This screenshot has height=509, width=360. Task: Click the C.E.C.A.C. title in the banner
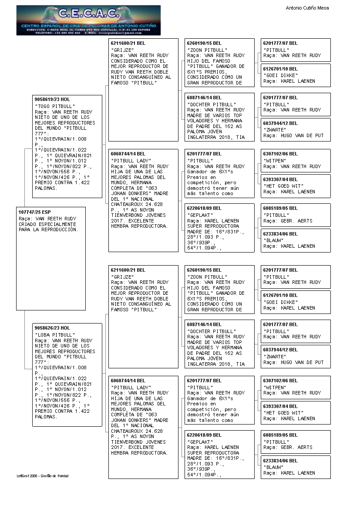[x=88, y=14]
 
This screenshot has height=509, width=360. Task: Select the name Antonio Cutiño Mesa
[x=307, y=8]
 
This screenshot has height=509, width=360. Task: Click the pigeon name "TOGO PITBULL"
[x=55, y=106]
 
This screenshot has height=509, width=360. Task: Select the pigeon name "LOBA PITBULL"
[x=55, y=335]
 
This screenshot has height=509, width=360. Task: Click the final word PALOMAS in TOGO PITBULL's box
[x=46, y=189]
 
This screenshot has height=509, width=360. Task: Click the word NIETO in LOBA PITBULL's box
[x=43, y=346]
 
